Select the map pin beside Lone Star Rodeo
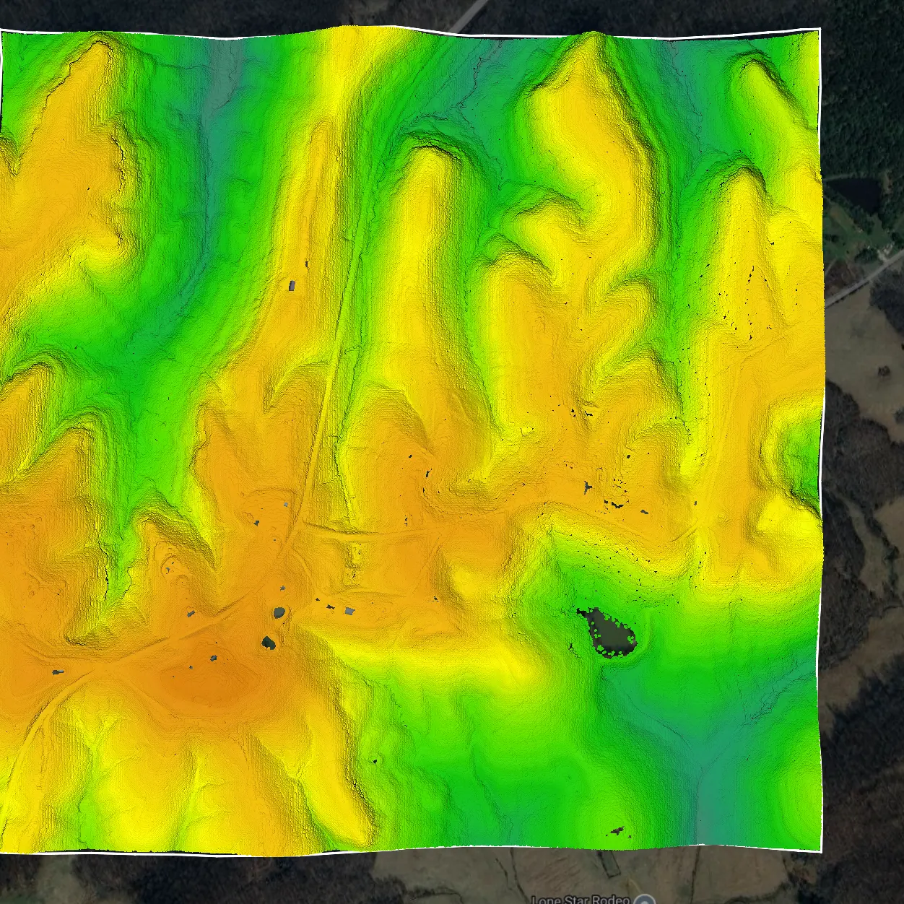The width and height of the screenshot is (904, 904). pyautogui.click(x=645, y=899)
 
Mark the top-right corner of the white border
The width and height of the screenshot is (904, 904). pyautogui.click(x=820, y=30)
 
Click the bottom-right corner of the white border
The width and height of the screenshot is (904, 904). pyautogui.click(x=822, y=850)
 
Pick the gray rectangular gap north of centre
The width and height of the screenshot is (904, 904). pyautogui.click(x=292, y=285)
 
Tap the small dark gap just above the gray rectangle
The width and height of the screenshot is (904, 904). pyautogui.click(x=306, y=264)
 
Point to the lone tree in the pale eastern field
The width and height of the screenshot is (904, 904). pyautogui.click(x=883, y=371)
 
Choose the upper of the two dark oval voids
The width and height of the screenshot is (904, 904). pyautogui.click(x=279, y=613)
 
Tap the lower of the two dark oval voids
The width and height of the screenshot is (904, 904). pyautogui.click(x=269, y=642)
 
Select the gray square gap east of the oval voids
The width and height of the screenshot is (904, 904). pyautogui.click(x=349, y=611)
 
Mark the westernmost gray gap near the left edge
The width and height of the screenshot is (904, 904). pyautogui.click(x=58, y=672)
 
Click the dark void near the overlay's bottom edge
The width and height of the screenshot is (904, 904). pyautogui.click(x=617, y=830)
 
